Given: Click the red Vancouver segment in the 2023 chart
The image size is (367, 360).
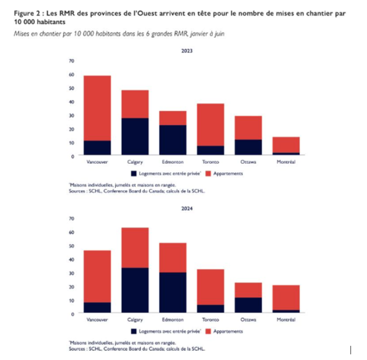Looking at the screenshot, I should (97, 107).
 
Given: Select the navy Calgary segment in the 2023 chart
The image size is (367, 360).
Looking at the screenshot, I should (135, 136).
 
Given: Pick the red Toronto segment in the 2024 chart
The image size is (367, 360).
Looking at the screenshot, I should (210, 287).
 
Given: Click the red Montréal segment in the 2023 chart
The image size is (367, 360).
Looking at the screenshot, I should (286, 145).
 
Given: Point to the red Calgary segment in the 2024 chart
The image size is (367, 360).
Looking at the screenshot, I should (135, 247).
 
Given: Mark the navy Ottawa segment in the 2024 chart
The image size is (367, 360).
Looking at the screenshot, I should (248, 305).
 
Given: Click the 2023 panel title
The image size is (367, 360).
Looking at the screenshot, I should (187, 51).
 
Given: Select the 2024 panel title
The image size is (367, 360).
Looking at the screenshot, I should (187, 209).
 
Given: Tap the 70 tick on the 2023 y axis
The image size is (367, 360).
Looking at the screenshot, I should (71, 61).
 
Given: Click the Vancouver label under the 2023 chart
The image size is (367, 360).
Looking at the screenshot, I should (97, 162).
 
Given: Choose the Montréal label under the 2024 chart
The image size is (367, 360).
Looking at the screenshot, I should (286, 319).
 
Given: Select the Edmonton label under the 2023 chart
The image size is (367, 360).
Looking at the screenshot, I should (172, 162).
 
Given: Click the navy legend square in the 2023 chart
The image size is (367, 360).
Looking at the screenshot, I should (134, 173).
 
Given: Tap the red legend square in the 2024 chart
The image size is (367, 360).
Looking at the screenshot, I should (208, 331).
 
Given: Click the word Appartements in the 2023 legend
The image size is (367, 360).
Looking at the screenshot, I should (228, 173).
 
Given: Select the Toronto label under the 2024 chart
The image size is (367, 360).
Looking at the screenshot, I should (210, 319).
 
